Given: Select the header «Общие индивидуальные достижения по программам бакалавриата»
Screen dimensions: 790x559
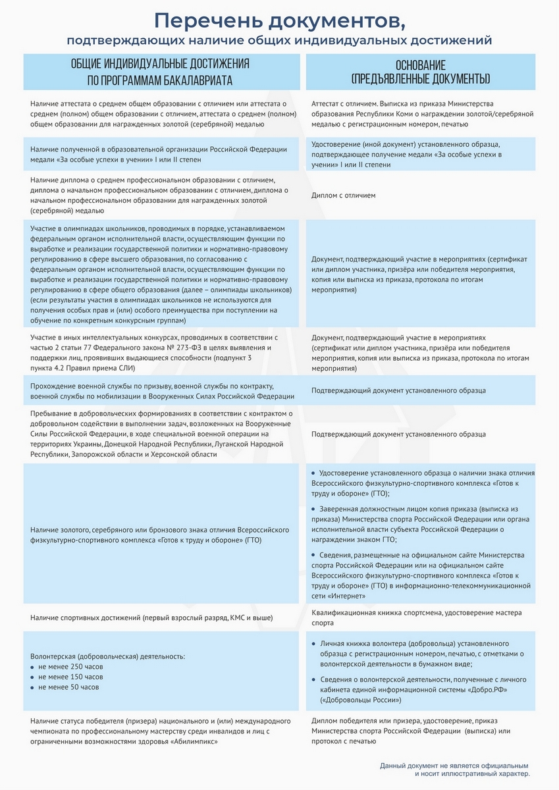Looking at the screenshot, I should click(x=160, y=72).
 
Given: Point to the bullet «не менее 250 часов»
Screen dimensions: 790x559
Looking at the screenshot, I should click(x=70, y=666).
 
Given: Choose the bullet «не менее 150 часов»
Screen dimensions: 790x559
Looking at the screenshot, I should click(x=70, y=677).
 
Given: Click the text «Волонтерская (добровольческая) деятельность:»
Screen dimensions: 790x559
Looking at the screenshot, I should click(x=108, y=656).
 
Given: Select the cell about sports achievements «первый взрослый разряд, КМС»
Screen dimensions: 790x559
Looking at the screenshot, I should click(x=151, y=618).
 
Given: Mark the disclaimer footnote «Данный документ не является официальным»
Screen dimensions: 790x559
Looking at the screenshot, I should click(x=454, y=766).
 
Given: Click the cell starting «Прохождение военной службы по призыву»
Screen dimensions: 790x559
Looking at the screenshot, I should click(x=162, y=390).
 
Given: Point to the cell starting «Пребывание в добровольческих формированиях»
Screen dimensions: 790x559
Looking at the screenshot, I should click(x=162, y=434).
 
